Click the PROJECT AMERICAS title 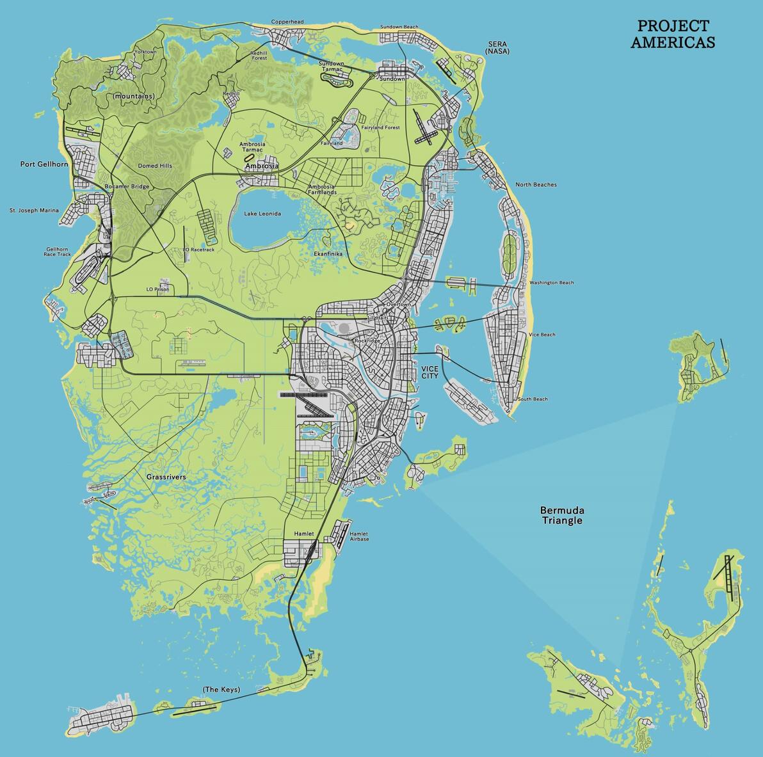[673, 35]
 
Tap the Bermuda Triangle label [561, 515]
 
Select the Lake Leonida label [262, 214]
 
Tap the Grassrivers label [166, 477]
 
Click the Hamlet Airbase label [359, 536]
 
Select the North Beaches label [536, 185]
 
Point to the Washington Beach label [551, 283]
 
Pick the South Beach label [533, 399]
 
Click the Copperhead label [287, 22]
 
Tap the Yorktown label [145, 52]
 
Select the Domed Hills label [155, 166]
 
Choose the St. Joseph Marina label [34, 211]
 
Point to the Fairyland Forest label [380, 128]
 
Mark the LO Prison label [158, 289]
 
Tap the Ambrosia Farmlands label [321, 189]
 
